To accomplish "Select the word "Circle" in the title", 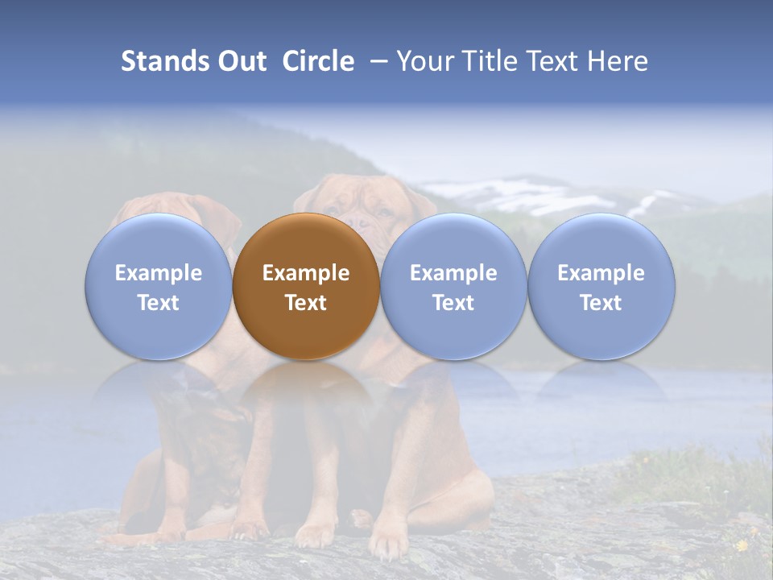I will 318,61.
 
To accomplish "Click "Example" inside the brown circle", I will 306,273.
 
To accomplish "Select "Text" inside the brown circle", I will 306,303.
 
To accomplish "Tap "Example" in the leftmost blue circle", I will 159,273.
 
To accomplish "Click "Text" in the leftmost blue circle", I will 159,303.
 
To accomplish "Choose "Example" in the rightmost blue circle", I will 601,273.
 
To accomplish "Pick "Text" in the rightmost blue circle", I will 601,303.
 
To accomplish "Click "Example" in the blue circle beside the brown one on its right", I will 453,273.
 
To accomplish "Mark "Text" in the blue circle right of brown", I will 453,303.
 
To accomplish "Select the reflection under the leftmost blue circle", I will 159,383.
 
